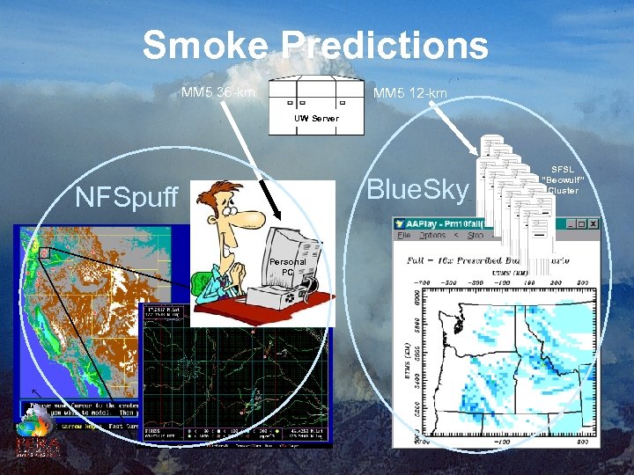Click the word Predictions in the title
click(387, 45)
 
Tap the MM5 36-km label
click(218, 91)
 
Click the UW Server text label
click(316, 117)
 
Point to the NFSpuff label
click(127, 196)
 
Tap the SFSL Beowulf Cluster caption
click(562, 179)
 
